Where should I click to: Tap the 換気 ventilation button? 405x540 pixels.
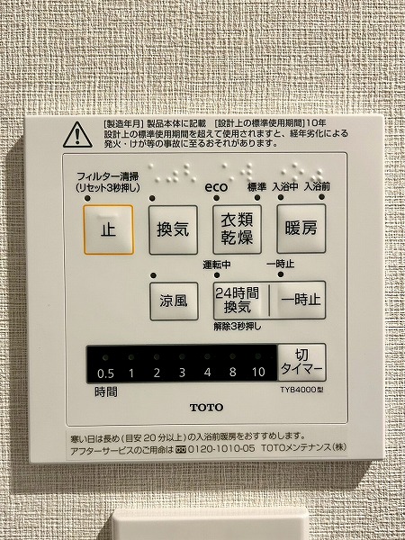(173, 229)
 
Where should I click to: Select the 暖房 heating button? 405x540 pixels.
(301, 229)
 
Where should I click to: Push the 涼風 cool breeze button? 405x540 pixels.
(174, 301)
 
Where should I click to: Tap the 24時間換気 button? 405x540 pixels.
(240, 301)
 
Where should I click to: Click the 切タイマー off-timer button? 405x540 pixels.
(302, 363)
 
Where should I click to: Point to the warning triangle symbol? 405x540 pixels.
(77, 135)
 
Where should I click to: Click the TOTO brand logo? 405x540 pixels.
(207, 408)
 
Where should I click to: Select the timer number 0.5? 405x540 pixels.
(105, 373)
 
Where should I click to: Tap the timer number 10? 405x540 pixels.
(258, 372)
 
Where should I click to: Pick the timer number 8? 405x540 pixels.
(233, 372)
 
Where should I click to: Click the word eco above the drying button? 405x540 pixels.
(216, 187)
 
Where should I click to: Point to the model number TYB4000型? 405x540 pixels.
(301, 391)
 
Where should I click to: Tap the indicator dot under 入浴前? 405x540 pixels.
(321, 197)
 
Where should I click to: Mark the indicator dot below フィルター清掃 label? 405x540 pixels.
(87, 198)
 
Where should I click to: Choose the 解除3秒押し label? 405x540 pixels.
(238, 327)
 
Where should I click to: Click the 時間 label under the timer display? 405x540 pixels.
(106, 391)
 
